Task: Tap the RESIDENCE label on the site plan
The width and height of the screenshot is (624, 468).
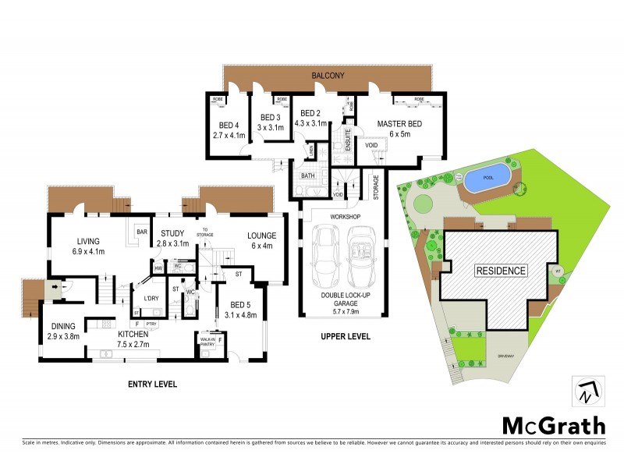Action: click(x=500, y=271)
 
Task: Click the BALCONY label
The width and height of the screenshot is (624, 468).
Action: click(x=328, y=76)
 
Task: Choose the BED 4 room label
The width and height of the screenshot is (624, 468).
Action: click(x=229, y=126)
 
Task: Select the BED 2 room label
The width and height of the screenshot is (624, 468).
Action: click(x=311, y=112)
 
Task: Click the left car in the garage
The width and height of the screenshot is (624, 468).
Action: click(x=324, y=257)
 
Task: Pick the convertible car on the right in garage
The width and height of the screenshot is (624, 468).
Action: click(x=361, y=257)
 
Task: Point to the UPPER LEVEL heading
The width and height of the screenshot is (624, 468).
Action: click(x=344, y=337)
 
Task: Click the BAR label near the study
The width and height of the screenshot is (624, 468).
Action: click(x=143, y=232)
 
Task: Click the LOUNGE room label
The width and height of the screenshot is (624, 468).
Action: click(x=262, y=236)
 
